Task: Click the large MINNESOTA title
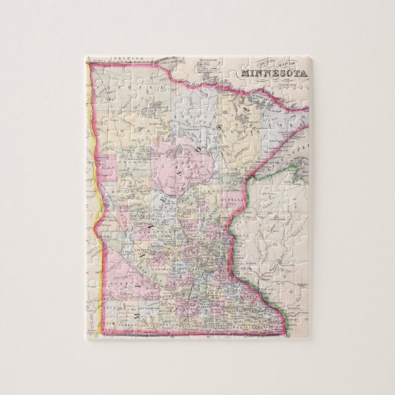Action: [274, 73]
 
